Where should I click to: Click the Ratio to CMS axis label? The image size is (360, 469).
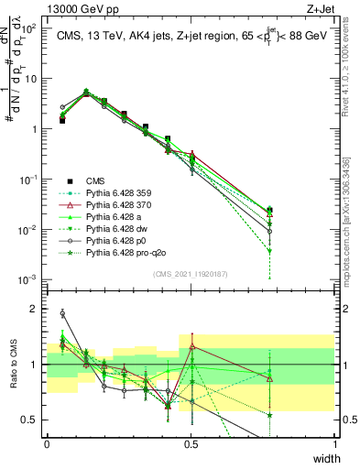click(x=15, y=365)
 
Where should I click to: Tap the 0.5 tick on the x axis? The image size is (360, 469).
click(x=191, y=443)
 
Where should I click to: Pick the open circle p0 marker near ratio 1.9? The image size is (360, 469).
click(x=62, y=313)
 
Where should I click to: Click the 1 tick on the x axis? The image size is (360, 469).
click(x=335, y=443)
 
